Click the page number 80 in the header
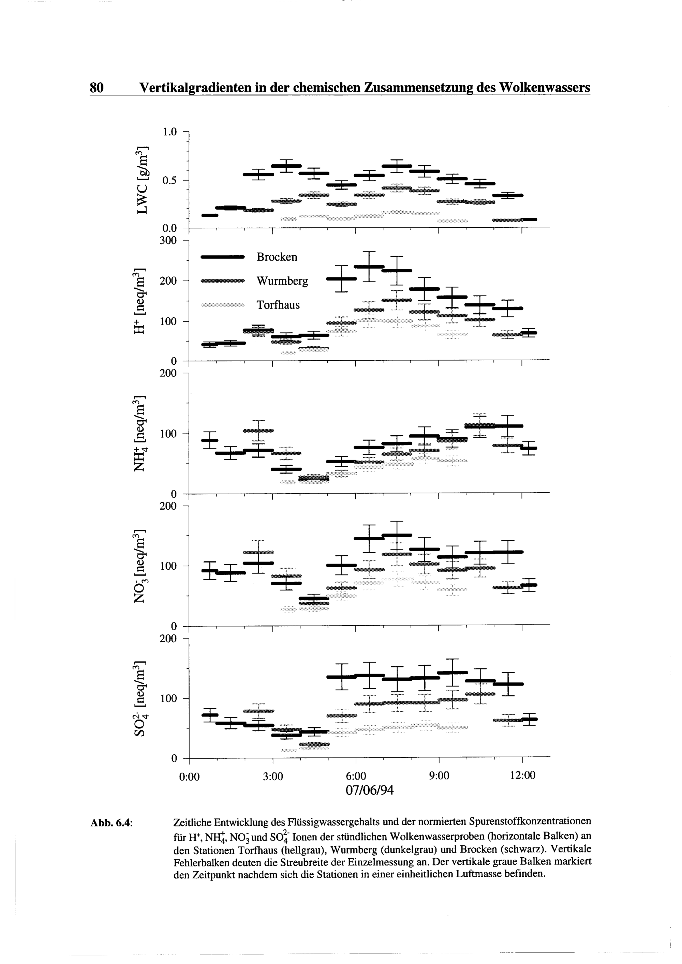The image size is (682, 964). (96, 88)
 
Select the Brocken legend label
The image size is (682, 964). (277, 257)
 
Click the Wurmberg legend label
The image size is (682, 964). (282, 281)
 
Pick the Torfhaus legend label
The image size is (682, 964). (278, 305)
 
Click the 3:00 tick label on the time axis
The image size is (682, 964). (273, 776)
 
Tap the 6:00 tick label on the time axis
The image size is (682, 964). (356, 776)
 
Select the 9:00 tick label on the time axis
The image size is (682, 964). (439, 776)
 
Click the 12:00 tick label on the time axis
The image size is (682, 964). (522, 776)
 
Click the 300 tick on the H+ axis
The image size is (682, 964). (168, 241)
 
